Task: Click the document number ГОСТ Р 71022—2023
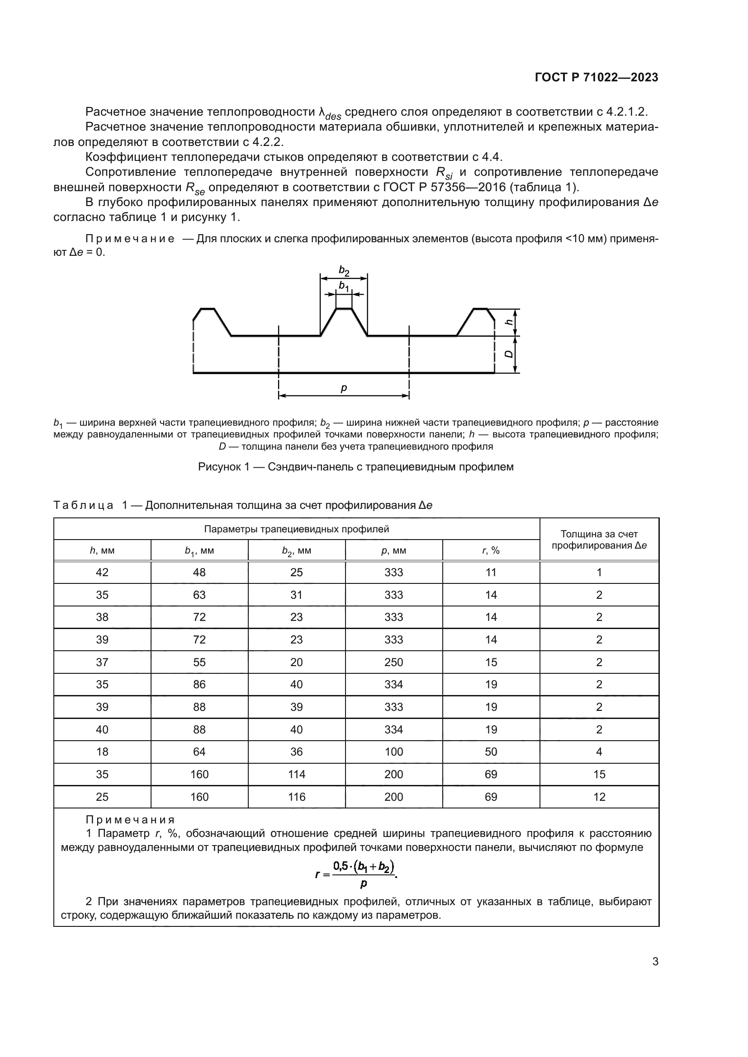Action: point(596,77)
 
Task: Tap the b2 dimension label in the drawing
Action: point(344,271)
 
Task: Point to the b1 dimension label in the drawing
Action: point(344,287)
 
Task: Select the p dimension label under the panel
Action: point(344,388)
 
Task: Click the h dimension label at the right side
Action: point(509,322)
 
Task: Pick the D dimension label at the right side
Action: point(509,354)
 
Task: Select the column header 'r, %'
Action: point(491,550)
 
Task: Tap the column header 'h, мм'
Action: point(102,550)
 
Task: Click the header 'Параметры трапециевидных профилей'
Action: point(296,529)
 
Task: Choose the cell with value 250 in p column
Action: point(393,662)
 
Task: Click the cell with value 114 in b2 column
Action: point(296,775)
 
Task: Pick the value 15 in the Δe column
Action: point(599,775)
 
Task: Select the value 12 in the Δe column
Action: point(599,797)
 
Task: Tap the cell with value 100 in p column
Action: point(393,752)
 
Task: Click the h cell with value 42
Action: point(102,573)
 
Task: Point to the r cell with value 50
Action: point(491,752)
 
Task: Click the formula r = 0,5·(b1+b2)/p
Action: point(356,874)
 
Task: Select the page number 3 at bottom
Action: point(655,962)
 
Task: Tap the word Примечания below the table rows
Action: point(130,820)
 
